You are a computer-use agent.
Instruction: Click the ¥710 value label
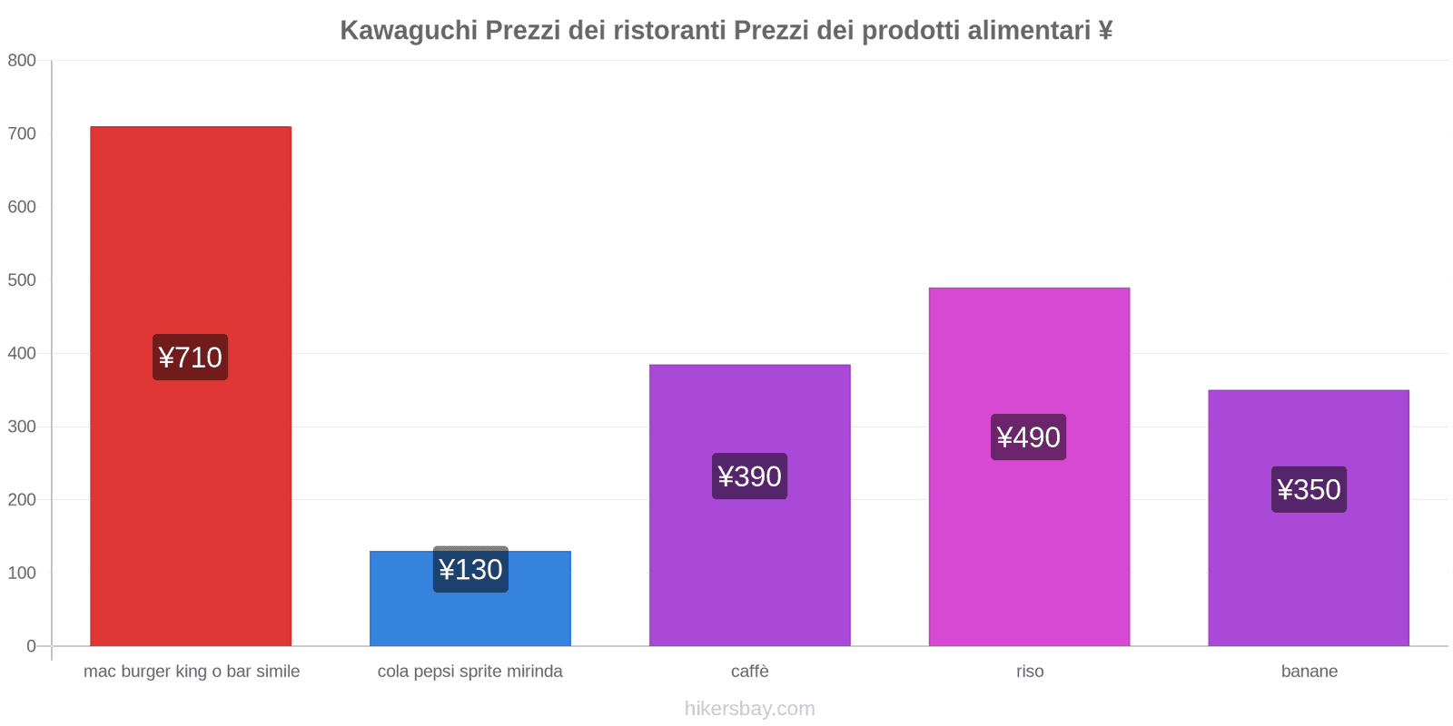(x=190, y=358)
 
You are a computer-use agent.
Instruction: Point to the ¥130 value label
(x=470, y=570)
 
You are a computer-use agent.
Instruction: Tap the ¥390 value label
(x=749, y=476)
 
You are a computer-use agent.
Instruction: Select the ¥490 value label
(x=1028, y=437)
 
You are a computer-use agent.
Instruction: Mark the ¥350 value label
(x=1309, y=490)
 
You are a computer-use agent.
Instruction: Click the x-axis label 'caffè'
(x=749, y=672)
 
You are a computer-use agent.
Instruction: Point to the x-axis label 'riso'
(x=1030, y=672)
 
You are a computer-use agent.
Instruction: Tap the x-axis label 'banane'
(x=1309, y=672)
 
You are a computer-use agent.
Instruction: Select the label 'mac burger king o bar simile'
(x=192, y=672)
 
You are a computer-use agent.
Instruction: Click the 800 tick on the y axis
(x=22, y=61)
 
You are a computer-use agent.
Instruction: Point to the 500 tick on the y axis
(x=22, y=280)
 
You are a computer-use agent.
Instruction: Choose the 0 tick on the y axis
(x=31, y=646)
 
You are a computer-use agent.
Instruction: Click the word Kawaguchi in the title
(x=409, y=31)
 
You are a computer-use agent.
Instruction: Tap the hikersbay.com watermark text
(x=749, y=709)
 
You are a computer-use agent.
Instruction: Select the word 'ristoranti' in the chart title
(x=670, y=31)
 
